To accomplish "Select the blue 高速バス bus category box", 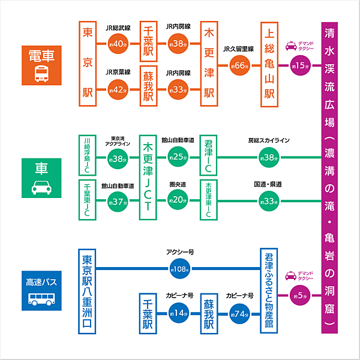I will point(41,290).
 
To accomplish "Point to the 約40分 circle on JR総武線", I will point(118,43).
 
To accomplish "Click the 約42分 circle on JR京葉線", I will point(118,89).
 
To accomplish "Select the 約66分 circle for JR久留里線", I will point(239,65).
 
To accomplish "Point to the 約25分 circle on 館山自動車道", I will point(178,157).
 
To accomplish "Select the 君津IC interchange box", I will point(209,155).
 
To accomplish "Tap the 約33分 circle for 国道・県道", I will point(269,200).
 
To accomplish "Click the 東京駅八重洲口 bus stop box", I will point(88,290).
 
